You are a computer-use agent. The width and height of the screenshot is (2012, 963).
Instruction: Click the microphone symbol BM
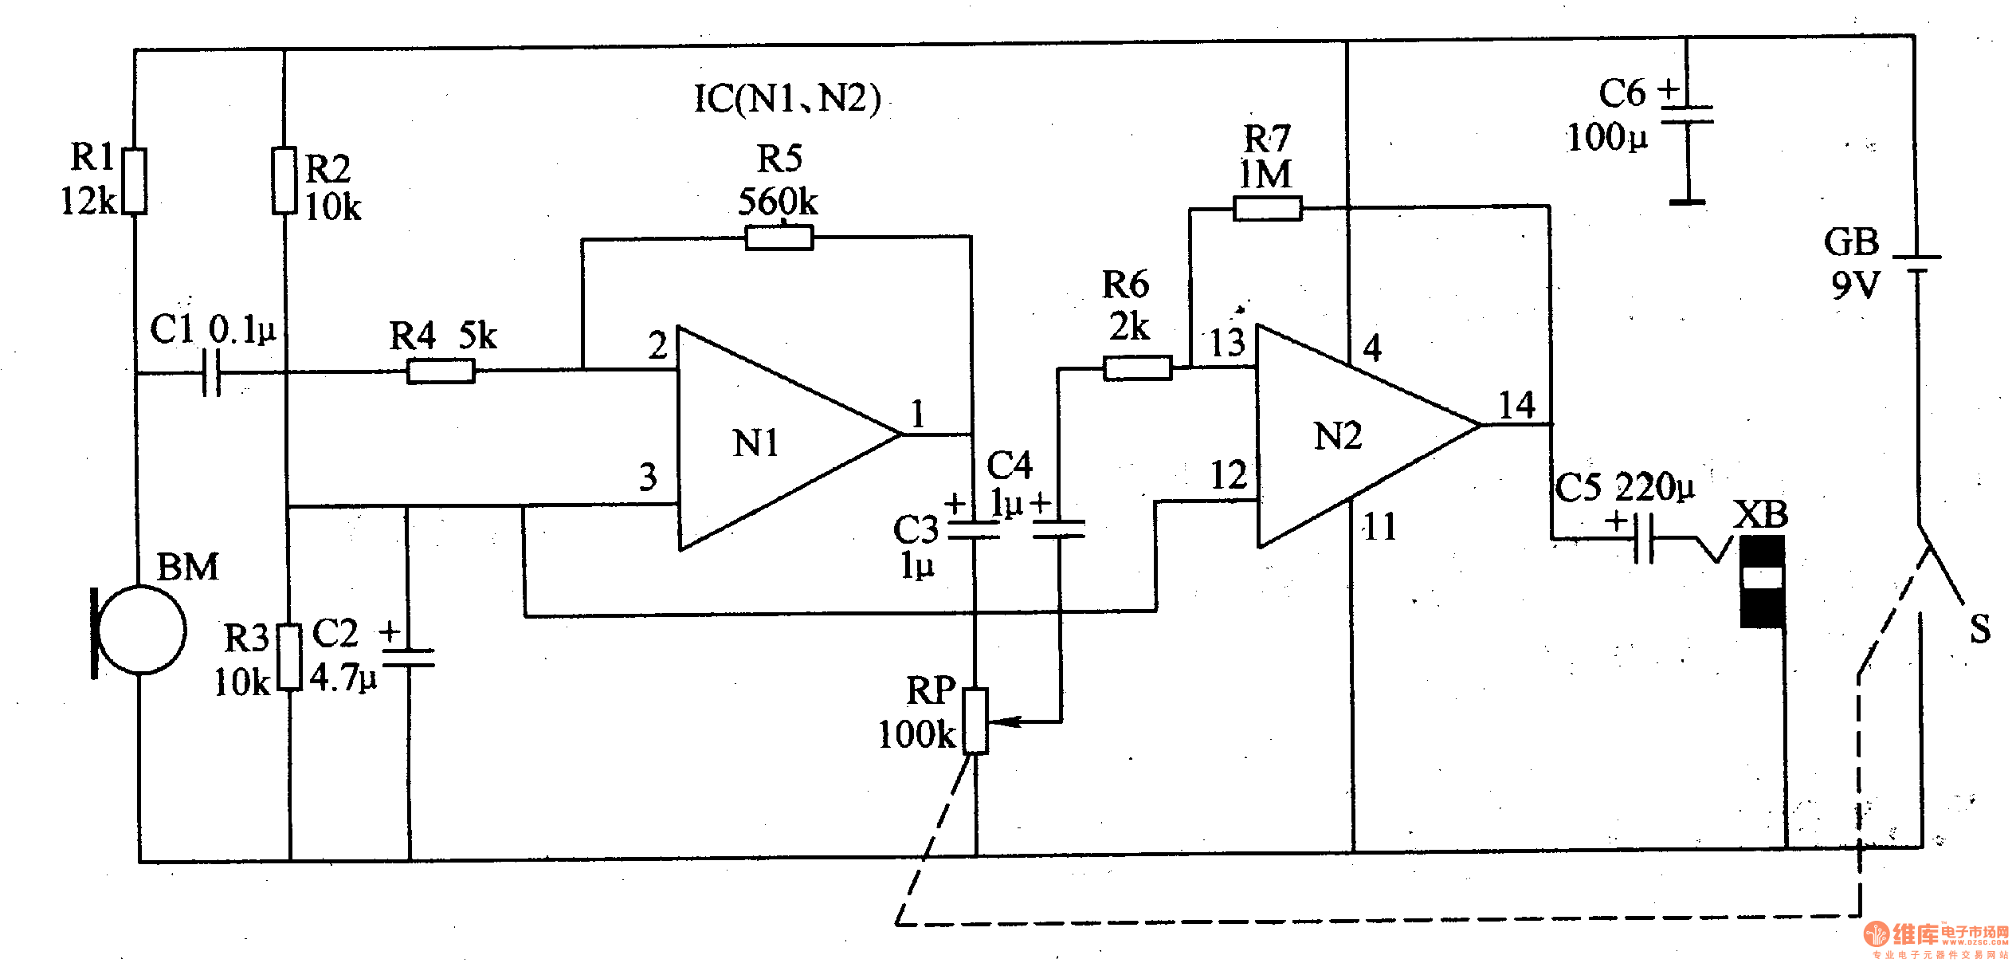tap(141, 631)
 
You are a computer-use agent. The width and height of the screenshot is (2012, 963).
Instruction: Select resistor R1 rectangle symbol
tap(135, 181)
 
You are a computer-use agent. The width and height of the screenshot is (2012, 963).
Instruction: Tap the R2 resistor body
tap(284, 180)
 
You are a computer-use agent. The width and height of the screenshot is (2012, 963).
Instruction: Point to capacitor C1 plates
tap(211, 372)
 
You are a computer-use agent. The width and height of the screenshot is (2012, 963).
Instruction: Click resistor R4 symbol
tap(441, 371)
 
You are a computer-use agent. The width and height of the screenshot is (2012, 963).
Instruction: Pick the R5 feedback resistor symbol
tap(779, 238)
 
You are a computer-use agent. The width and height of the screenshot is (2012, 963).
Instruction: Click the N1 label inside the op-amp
tap(755, 443)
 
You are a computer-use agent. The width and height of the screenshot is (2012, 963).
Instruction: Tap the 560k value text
tap(778, 202)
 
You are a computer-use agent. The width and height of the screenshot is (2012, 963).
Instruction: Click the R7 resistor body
tap(1267, 209)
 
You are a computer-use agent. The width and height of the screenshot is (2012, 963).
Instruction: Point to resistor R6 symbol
tap(1137, 368)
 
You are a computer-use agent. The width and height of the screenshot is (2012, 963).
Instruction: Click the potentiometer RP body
tap(975, 721)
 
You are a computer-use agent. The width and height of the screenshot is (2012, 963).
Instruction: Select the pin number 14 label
tap(1516, 405)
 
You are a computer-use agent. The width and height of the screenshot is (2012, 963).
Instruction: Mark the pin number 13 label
tap(1227, 344)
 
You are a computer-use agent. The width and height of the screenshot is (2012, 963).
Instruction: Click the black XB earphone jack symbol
tap(1762, 581)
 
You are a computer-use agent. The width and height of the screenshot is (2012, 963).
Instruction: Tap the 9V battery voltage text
tap(1855, 285)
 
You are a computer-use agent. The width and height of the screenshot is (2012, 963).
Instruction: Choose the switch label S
tap(1980, 629)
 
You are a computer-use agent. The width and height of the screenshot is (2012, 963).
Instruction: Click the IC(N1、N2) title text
tap(787, 99)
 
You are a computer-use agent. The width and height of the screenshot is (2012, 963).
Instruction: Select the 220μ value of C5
tap(1654, 487)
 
